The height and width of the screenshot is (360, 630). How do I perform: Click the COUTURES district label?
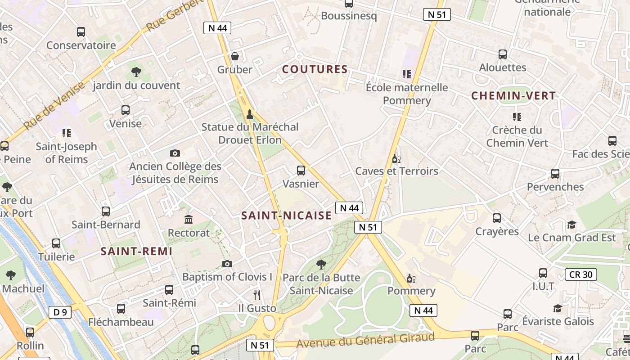(x=315, y=69)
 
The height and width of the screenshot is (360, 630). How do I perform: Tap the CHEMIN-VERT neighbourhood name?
(x=513, y=95)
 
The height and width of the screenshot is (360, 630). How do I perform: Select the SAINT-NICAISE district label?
(x=286, y=216)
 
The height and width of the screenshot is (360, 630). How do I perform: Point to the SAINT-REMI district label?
(x=136, y=252)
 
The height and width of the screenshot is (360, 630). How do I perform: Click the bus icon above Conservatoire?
(x=81, y=32)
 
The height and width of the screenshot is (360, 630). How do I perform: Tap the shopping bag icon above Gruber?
(x=234, y=56)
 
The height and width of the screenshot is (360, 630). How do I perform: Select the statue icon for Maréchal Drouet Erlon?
(x=250, y=114)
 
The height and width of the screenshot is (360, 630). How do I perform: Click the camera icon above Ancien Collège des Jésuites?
(x=175, y=153)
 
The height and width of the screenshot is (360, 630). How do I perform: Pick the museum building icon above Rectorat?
(x=189, y=220)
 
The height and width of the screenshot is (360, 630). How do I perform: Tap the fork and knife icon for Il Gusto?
(x=257, y=295)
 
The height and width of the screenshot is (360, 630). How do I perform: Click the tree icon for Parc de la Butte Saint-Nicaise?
(x=321, y=264)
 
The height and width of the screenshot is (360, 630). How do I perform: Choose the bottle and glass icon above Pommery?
(x=411, y=278)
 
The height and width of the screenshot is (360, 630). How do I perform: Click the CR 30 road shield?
(x=580, y=274)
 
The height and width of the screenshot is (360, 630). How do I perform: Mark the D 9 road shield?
(x=60, y=312)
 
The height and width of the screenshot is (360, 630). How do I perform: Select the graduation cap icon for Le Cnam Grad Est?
(x=571, y=224)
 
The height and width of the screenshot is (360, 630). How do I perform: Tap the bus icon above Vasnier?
(x=301, y=171)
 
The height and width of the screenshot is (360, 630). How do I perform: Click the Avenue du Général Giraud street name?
(x=365, y=341)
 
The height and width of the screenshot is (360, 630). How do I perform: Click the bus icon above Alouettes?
(x=503, y=54)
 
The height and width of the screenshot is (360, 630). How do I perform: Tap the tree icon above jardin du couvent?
(x=136, y=72)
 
